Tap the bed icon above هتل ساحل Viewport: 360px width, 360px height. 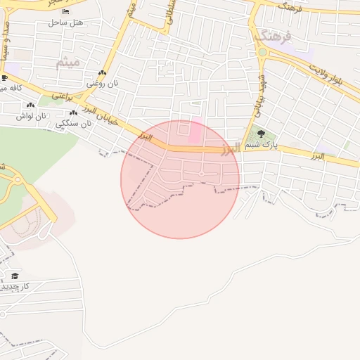coord(65,12)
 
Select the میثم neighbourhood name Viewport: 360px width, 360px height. coord(69,63)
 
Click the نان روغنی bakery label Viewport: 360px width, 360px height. coord(103,84)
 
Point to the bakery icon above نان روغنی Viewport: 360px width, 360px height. coord(103,73)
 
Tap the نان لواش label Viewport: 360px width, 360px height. coord(32,115)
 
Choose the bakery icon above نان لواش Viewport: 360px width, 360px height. coord(30,105)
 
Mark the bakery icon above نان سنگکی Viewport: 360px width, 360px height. coord(73,112)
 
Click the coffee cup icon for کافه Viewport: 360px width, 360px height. coord(4,78)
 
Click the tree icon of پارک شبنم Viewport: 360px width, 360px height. coord(262,133)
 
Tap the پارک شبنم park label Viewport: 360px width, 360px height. coord(264,146)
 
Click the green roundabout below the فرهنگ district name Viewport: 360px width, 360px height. coord(262,52)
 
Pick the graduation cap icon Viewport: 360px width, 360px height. coord(15,276)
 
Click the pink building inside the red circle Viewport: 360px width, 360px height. coord(193,131)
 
